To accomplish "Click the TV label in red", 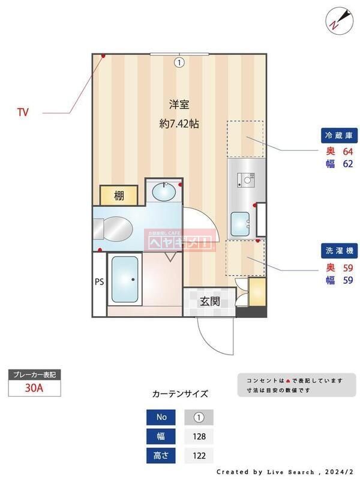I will (23, 112).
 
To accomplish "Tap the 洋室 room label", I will (179, 104).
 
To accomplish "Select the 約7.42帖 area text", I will (179, 124).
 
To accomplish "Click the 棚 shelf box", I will (119, 196).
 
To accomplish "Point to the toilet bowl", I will (113, 229).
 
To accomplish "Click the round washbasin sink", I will (163, 193).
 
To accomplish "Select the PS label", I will (99, 281).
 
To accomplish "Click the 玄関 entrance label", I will (209, 302).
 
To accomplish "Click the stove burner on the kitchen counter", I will (246, 178).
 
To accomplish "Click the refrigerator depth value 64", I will (347, 151).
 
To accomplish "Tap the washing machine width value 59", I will (347, 280).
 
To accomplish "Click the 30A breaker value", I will (34, 388).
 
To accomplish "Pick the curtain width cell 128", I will (198, 436).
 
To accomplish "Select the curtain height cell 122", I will (198, 456).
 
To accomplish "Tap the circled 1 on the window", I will (179, 61).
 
